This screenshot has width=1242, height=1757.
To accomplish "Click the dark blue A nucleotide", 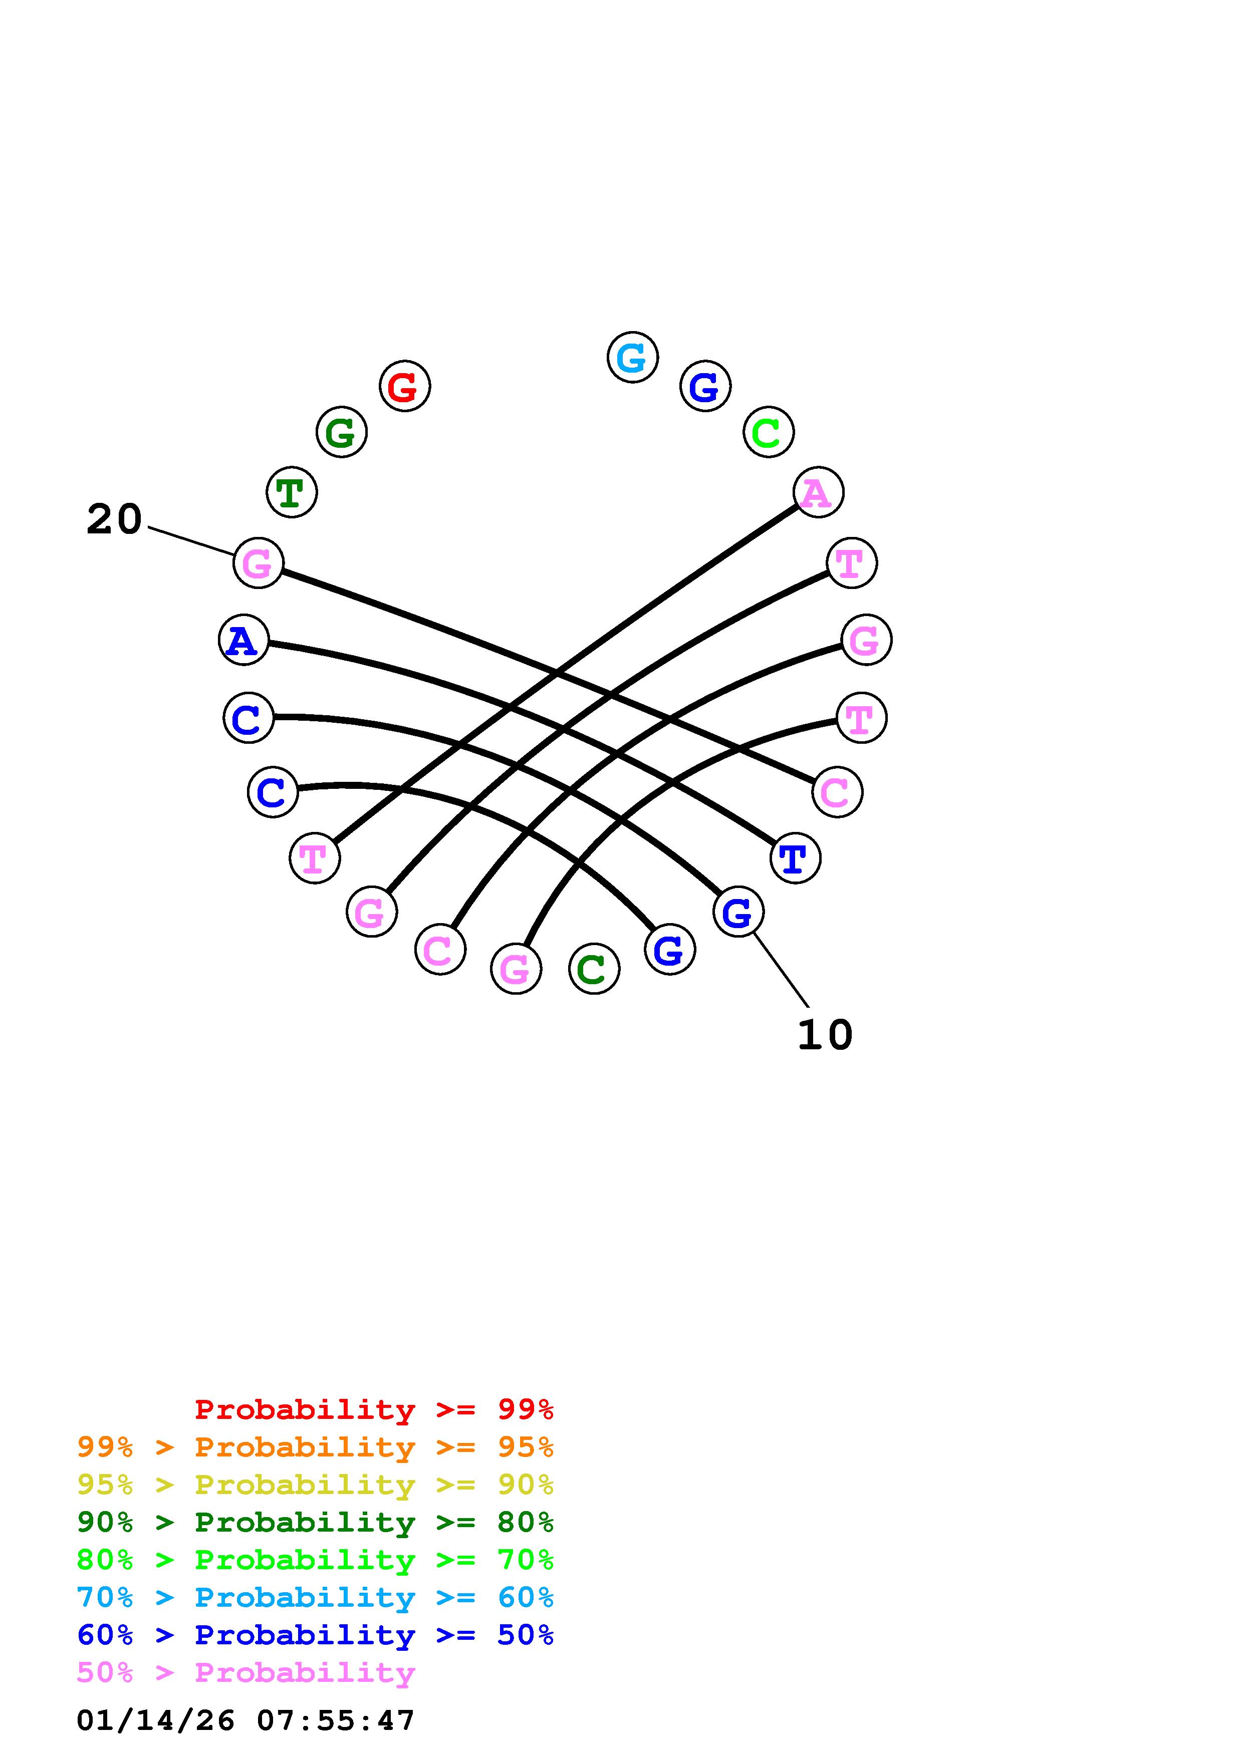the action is coord(243,639).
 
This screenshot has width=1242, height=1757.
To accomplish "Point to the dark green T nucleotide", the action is coord(291,492).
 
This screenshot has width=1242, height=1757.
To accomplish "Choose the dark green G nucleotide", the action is coord(341,432).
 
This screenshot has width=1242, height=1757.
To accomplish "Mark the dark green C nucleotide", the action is coord(593,969).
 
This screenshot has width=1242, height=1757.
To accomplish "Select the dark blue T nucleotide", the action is coord(795,858).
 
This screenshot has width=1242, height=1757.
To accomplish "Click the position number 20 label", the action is coord(114,519).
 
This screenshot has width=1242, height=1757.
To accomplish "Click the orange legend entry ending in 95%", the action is coord(315,1447).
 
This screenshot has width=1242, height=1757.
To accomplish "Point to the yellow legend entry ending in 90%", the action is coord(315,1485).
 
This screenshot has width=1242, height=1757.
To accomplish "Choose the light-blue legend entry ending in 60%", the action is coord(315,1598).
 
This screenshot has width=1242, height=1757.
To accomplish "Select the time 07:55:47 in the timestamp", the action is coord(335,1721).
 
